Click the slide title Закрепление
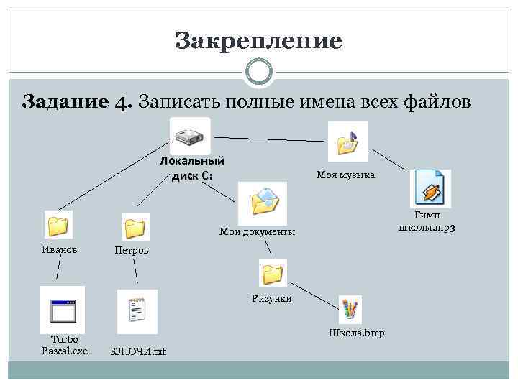(258, 41)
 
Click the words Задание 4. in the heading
(76, 101)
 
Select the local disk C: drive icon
(190, 136)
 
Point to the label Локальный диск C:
(191, 167)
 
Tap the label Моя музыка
(345, 175)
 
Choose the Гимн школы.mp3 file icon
(430, 188)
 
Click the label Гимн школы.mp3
(431, 221)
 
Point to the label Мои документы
(257, 231)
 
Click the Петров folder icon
(135, 226)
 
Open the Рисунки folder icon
(273, 273)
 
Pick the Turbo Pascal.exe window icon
(63, 310)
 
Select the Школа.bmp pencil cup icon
(350, 309)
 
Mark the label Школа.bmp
(356, 333)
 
